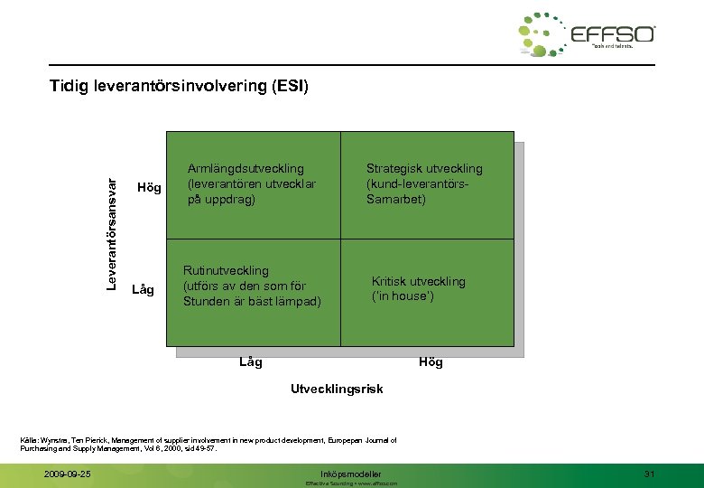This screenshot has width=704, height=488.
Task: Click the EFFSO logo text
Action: [613, 35]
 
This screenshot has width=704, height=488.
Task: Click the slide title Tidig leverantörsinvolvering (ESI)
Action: [180, 87]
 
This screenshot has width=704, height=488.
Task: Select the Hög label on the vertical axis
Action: [148, 188]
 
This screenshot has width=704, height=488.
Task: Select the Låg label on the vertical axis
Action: [144, 290]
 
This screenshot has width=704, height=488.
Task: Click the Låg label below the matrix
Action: [251, 362]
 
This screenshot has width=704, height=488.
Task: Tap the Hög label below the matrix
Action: [431, 362]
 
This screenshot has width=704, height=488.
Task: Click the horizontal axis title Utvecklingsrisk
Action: [337, 389]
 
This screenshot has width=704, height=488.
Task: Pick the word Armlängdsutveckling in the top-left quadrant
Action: [245, 168]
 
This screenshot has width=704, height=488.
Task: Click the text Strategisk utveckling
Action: [424, 168]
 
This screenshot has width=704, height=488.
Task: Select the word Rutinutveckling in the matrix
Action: [226, 270]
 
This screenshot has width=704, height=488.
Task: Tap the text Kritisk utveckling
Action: [419, 281]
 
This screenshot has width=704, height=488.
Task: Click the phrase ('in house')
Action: [403, 296]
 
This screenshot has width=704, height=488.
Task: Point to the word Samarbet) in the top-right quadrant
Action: [396, 199]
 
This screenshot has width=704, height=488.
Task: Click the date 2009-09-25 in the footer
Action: [68, 474]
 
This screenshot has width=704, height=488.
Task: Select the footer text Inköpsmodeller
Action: [351, 474]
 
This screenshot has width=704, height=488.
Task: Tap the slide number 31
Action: [649, 474]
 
